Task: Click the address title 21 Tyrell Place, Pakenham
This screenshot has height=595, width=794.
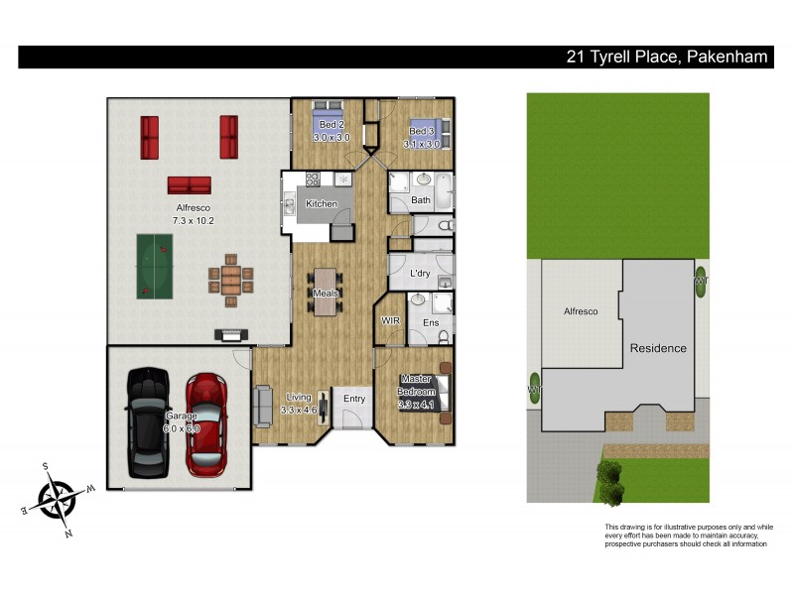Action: (666, 58)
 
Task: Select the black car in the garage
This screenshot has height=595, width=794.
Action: (148, 421)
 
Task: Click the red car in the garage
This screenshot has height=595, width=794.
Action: (206, 421)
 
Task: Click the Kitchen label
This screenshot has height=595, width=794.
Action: (321, 203)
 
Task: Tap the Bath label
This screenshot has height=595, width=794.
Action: (421, 199)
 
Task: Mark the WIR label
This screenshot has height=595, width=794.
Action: (391, 321)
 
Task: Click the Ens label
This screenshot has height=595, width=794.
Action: (431, 323)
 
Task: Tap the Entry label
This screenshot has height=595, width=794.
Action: (354, 399)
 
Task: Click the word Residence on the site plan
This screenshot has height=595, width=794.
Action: (658, 348)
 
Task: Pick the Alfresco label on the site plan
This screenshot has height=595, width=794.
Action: (581, 311)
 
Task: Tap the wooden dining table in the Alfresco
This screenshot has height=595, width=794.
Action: (231, 279)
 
